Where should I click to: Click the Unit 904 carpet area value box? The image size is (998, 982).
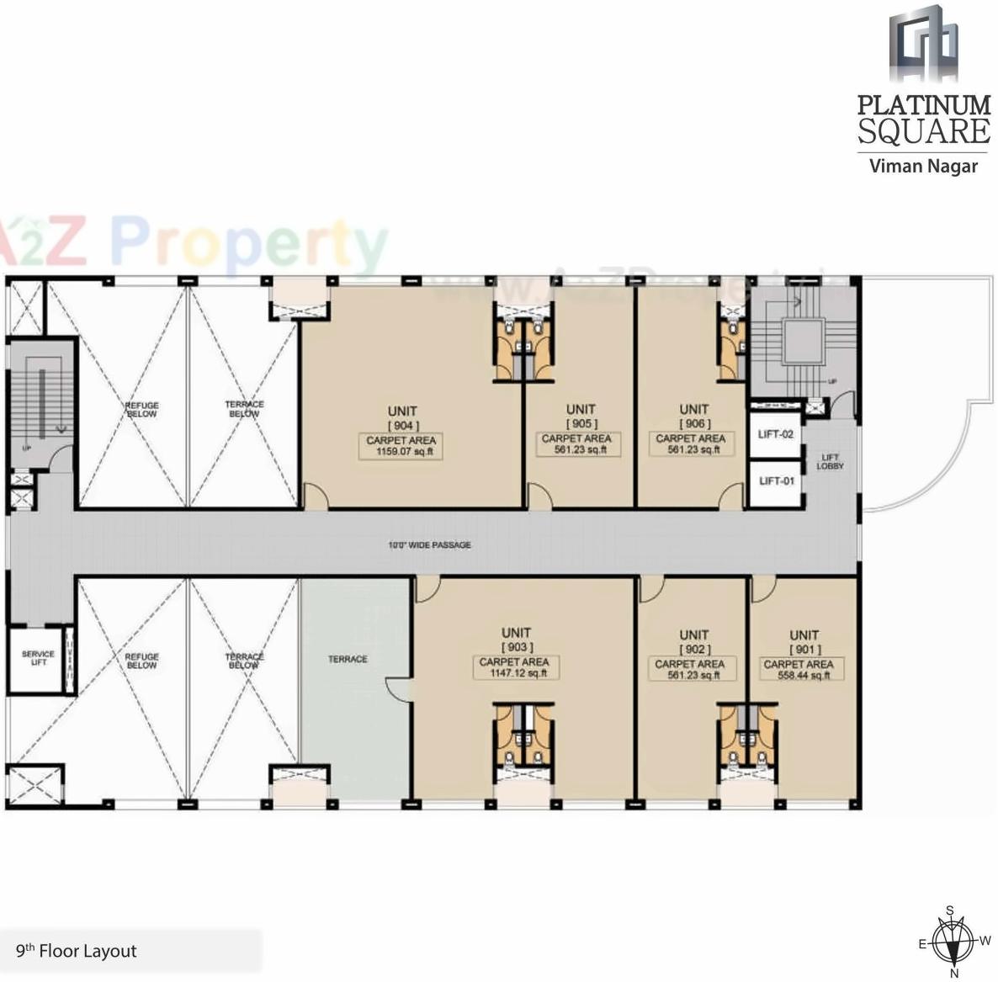click(x=401, y=446)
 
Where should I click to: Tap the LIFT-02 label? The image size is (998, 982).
click(x=775, y=434)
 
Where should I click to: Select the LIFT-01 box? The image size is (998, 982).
click(x=776, y=482)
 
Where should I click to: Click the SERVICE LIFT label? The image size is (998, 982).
click(x=38, y=658)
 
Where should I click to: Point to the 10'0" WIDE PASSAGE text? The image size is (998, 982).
click(x=429, y=545)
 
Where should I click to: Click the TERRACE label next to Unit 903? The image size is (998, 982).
click(x=348, y=659)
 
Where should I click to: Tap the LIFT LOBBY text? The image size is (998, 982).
click(x=830, y=462)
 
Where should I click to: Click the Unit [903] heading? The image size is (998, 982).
click(x=516, y=640)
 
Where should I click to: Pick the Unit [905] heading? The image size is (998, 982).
click(x=581, y=416)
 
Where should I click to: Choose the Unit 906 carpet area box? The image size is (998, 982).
click(x=690, y=443)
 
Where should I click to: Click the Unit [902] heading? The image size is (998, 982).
click(x=694, y=641)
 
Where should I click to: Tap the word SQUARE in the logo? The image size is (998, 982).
click(x=923, y=131)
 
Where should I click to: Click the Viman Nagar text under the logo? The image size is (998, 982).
click(x=923, y=165)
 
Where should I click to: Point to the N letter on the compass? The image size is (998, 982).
click(x=954, y=973)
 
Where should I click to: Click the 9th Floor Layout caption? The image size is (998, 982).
click(x=76, y=952)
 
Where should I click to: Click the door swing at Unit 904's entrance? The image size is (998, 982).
click(x=315, y=496)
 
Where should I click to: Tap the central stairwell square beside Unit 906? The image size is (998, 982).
click(x=802, y=342)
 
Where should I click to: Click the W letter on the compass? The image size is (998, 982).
click(x=985, y=941)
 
